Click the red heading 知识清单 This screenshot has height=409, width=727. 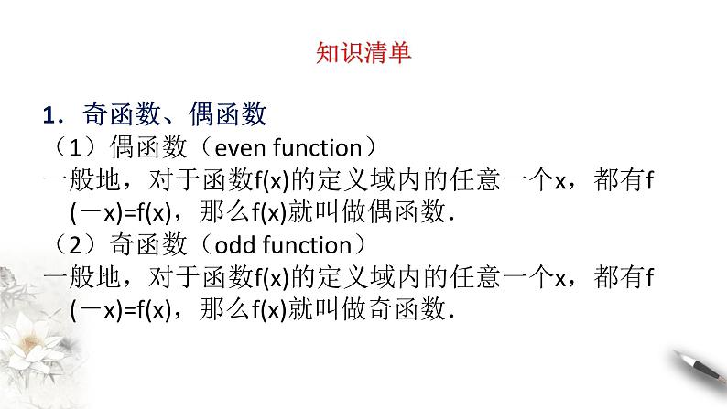tap(363, 52)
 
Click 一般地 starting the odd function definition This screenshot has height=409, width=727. tap(76, 278)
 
